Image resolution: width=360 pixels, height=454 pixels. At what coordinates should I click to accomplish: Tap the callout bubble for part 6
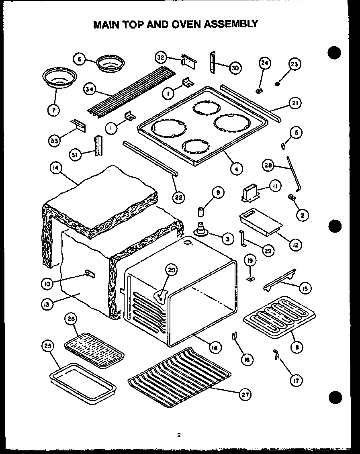click(80, 59)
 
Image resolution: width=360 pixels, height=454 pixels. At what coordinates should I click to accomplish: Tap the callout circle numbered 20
click(172, 270)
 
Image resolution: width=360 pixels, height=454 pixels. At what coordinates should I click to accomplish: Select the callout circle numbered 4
click(236, 169)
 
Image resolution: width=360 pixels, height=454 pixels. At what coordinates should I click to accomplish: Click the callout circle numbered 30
click(234, 68)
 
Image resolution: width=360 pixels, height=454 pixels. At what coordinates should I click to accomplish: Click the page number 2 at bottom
click(179, 434)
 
